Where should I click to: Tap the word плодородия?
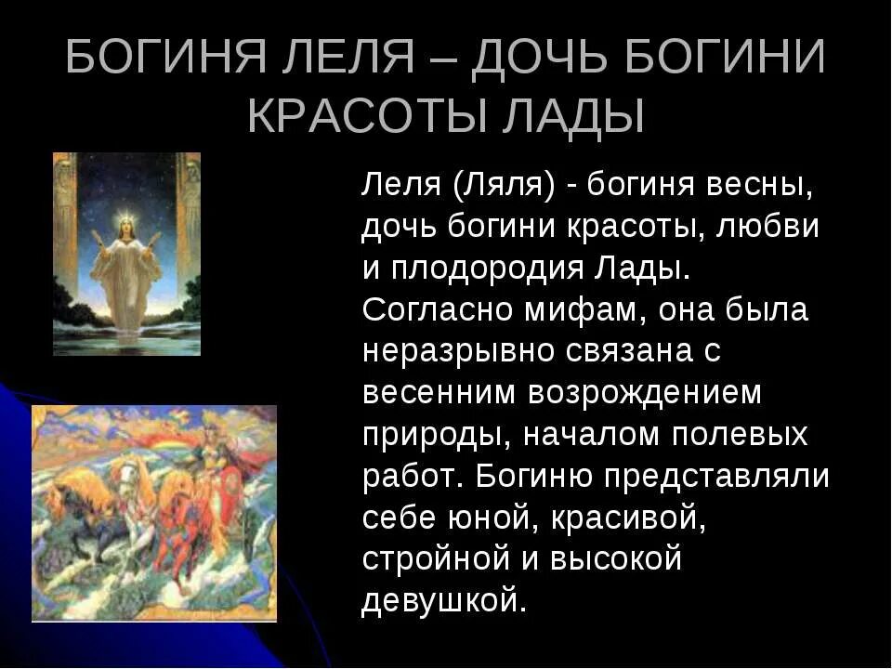pyautogui.click(x=486, y=269)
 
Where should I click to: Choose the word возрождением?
pyautogui.click(x=645, y=393)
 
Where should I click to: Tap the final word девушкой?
pyautogui.click(x=444, y=601)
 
